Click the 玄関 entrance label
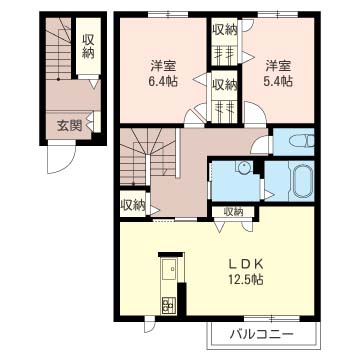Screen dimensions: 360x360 69,125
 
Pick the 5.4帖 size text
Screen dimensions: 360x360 279,82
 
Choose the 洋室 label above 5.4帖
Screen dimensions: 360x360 279,65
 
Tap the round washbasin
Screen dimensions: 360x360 244,169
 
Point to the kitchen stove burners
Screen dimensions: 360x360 167,301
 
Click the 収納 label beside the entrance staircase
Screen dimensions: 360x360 88,45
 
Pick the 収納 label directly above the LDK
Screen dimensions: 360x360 232,211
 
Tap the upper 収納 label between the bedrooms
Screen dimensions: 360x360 224,30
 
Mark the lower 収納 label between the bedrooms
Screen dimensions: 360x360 224,84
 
